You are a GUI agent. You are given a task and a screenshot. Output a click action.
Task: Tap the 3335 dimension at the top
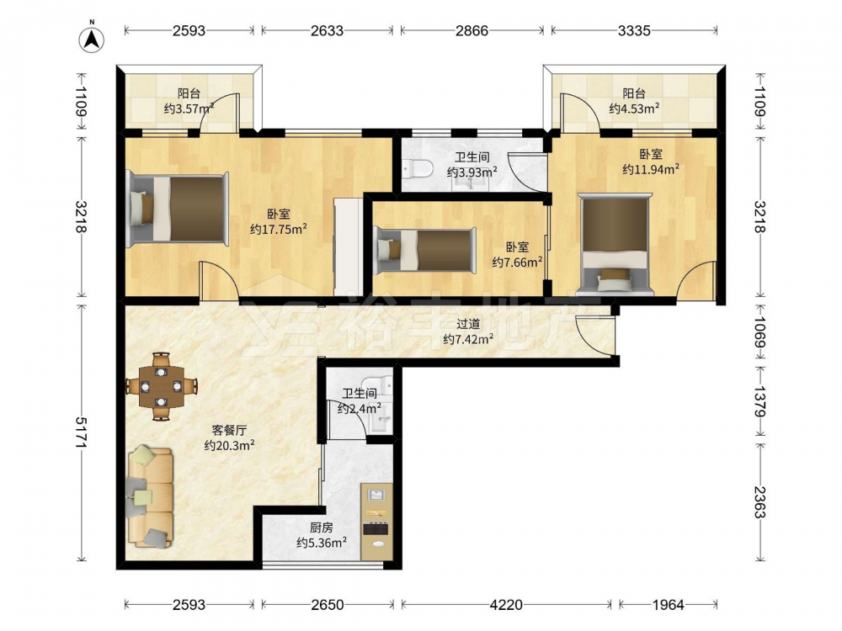point(634,30)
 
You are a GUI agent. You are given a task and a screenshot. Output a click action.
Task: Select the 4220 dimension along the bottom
point(506,605)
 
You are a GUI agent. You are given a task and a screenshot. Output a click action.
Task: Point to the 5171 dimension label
point(83,432)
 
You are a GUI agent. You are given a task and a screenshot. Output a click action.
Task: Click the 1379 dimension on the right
point(759,400)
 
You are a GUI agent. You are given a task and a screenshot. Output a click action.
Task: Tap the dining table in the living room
point(161,386)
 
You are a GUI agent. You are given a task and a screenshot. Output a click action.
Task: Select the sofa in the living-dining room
point(150,497)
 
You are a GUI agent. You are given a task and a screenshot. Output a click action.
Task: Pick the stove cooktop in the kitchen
point(376,528)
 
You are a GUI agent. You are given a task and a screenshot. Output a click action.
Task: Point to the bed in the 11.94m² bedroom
point(615,244)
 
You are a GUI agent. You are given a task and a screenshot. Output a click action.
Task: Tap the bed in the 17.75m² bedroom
point(177,209)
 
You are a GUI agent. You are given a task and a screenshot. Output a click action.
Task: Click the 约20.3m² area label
point(229,445)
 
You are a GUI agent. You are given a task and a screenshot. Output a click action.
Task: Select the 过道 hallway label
point(468,324)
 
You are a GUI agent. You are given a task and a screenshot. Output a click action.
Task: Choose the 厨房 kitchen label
point(321,528)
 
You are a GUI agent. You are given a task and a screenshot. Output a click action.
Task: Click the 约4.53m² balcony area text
point(634,109)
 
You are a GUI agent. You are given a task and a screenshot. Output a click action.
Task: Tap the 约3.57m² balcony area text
point(189,109)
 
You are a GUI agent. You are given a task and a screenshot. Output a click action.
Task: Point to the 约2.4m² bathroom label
point(360,408)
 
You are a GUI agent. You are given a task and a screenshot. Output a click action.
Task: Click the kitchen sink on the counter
point(376,496)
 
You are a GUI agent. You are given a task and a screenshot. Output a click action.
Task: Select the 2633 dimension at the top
point(327,30)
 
